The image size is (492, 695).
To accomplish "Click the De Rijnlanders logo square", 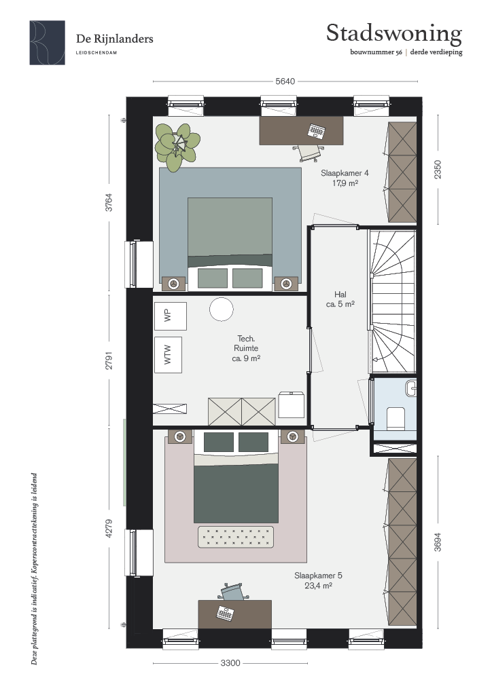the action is point(48,43).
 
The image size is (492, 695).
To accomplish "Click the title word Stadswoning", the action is point(394,34).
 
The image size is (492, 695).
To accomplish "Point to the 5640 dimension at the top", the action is point(285,81).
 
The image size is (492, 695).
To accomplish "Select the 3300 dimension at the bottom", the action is point(230,663).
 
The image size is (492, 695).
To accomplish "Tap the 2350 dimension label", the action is point(438,169).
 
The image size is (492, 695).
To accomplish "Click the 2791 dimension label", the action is point(109,360).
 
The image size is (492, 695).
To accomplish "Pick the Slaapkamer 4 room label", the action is point(345,178).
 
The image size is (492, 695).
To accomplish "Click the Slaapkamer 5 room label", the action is point(318,580).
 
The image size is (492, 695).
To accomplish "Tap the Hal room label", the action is point(340,299).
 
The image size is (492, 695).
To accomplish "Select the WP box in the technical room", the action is point(171,316).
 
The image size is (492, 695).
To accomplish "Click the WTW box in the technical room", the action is point(168,354).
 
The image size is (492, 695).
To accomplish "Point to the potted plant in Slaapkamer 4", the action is point(177,147).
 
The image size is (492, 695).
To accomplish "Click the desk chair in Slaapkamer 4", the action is point(309,153).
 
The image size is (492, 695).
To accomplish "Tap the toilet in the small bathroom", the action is point(396,418).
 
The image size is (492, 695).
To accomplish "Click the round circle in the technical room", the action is point(222,309).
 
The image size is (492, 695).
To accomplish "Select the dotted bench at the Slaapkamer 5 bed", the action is point(236,537).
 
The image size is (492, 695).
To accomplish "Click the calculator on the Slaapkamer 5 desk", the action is point(225,614).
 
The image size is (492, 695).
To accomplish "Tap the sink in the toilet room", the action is point(411,388).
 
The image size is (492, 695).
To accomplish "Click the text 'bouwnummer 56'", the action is point(376,52).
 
